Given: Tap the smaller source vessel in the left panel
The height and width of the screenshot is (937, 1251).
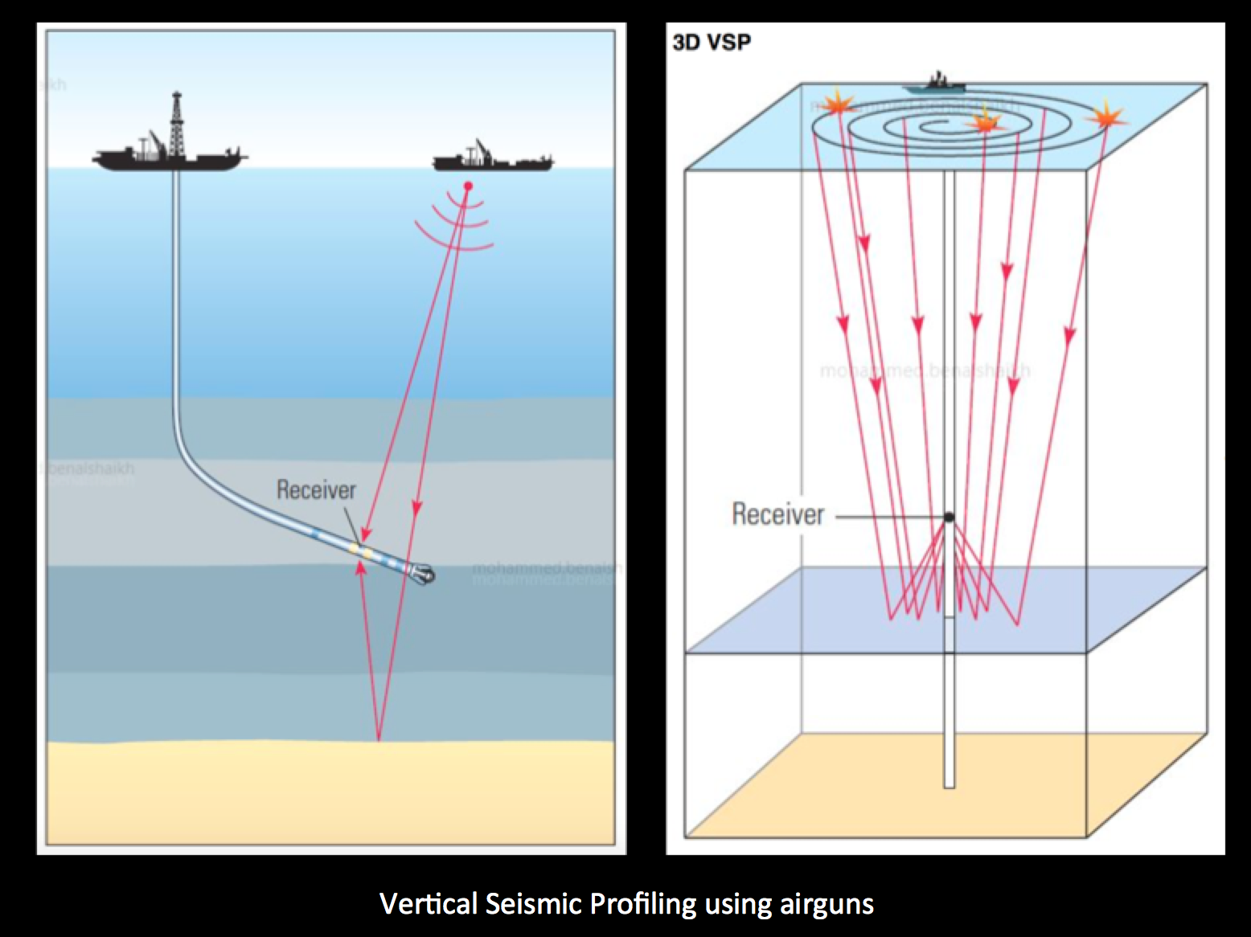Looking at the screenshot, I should coord(492,160).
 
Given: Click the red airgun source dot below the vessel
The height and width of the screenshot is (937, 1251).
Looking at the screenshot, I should coord(468,186).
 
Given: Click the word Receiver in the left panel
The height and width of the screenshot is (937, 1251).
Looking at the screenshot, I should coord(316,489).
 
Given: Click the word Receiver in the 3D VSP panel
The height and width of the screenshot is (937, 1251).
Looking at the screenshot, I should coord(777,514).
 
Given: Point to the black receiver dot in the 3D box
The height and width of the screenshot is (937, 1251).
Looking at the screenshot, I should coord(949,517).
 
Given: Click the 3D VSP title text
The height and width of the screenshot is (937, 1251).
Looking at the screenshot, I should coord(712,43).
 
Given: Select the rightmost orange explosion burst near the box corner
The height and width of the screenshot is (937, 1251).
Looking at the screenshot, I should coord(1106,113).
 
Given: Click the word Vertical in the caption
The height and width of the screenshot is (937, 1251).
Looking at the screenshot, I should coord(429,903).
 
